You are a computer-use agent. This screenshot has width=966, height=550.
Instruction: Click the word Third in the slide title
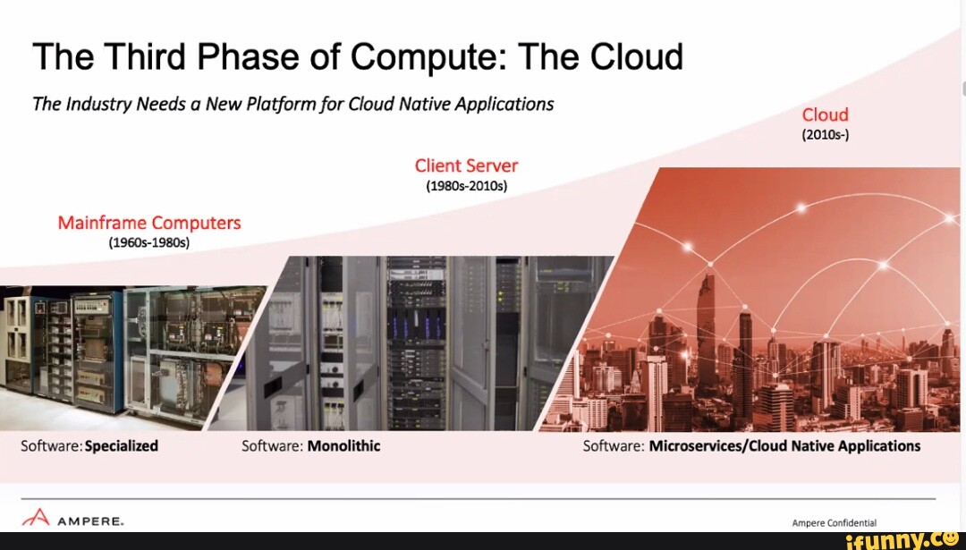point(145,56)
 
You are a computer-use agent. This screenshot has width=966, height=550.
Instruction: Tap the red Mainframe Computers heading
point(149,223)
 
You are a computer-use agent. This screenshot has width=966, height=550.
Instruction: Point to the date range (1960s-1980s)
point(149,242)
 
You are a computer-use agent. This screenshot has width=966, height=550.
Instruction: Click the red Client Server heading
point(466,165)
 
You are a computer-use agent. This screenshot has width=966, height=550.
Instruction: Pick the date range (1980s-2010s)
point(466,186)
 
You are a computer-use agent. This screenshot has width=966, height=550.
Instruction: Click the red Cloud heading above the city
point(825,114)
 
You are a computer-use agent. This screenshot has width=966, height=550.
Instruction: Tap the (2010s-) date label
point(825,135)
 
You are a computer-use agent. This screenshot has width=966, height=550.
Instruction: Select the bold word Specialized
point(122,446)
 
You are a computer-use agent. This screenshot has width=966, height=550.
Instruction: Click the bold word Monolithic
point(343,445)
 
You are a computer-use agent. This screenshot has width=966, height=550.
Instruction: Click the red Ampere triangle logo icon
point(36,517)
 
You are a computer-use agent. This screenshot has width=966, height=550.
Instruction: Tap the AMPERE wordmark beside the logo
point(90,521)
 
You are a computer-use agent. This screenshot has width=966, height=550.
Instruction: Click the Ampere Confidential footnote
point(835,523)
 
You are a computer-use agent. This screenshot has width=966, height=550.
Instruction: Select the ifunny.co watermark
point(902,541)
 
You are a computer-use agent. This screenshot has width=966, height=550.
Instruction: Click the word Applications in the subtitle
point(504,105)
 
